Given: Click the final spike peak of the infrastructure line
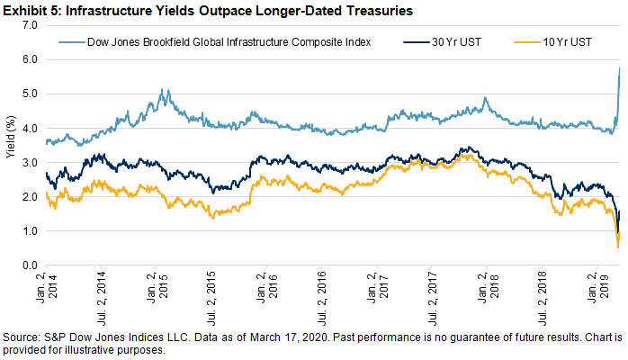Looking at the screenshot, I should pyautogui.click(x=620, y=67).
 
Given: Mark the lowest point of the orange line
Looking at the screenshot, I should pyautogui.click(x=618, y=247).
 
